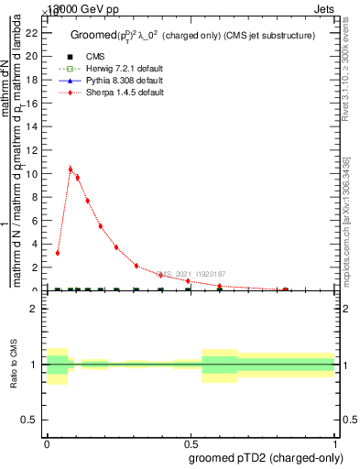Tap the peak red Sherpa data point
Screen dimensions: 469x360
point(71,169)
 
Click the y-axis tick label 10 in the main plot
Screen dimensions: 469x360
point(33,174)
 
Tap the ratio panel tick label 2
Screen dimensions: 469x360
point(36,310)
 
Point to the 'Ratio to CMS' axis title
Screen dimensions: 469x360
point(14,365)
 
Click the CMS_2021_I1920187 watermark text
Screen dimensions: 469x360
point(190,274)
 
